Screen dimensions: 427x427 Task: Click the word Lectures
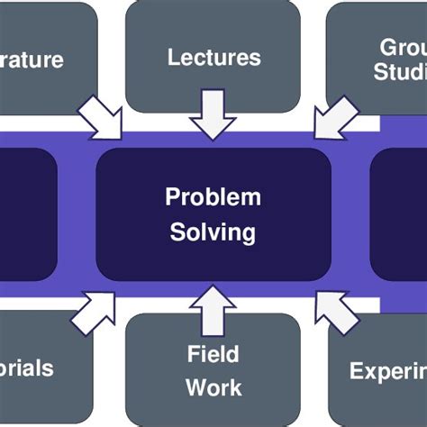coord(213,58)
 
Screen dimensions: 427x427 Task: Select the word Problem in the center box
coord(213,197)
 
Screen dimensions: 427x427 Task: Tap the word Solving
coord(213,232)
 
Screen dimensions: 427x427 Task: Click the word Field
coord(213,352)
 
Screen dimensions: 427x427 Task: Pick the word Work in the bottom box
coord(213,388)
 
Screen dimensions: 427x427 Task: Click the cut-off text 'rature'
coord(32,61)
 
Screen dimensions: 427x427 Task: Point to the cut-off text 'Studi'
coord(400,73)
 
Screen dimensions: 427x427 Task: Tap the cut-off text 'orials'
coord(27,368)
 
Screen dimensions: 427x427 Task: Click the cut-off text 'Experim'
coord(387,370)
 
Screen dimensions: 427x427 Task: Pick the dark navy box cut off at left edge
coord(27,213)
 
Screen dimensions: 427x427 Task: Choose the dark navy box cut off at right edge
coord(399,213)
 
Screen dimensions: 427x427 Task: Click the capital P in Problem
coord(172,197)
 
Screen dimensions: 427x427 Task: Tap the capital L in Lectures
coord(173,58)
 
